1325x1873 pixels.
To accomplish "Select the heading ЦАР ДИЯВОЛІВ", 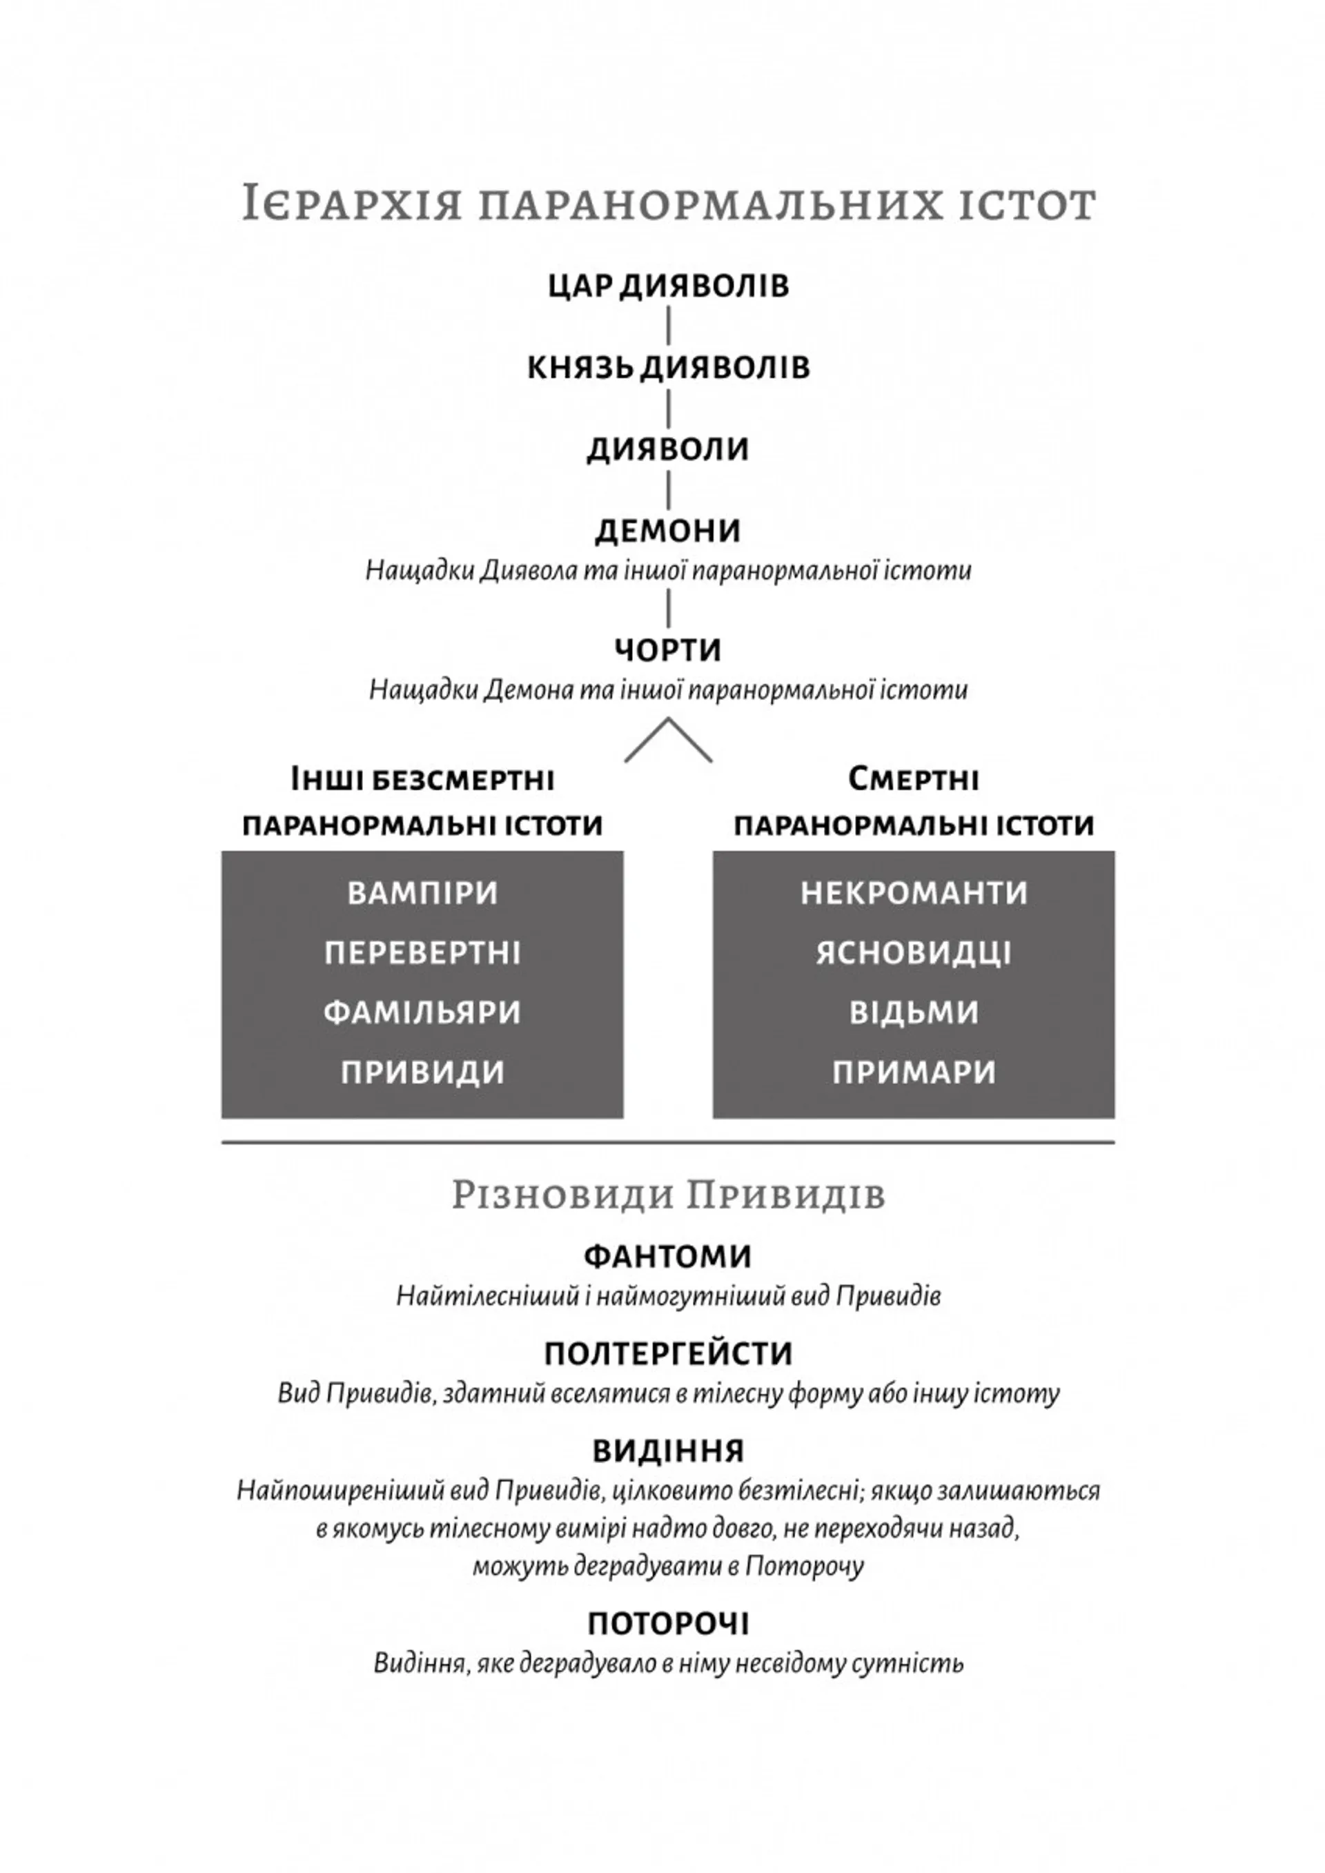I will click(x=668, y=286).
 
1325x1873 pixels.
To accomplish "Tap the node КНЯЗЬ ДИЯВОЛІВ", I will click(x=668, y=367).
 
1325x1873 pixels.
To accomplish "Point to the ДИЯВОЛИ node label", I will click(x=668, y=449).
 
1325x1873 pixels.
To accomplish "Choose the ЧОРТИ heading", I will click(x=668, y=650).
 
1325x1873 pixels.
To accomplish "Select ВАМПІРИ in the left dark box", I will click(x=422, y=893).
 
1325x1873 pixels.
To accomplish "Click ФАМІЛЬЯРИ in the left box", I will click(x=422, y=1012).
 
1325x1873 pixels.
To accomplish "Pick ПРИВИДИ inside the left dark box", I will click(x=422, y=1072).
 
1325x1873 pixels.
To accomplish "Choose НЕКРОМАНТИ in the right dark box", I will click(x=914, y=893).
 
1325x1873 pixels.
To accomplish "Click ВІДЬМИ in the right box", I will click(x=914, y=1012).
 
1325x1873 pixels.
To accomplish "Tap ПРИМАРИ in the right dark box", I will click(x=914, y=1072).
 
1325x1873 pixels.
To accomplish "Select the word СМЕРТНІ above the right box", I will click(x=914, y=780).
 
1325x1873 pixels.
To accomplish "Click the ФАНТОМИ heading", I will click(x=668, y=1256).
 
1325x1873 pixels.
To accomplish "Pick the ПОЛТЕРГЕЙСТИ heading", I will click(x=668, y=1354).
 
